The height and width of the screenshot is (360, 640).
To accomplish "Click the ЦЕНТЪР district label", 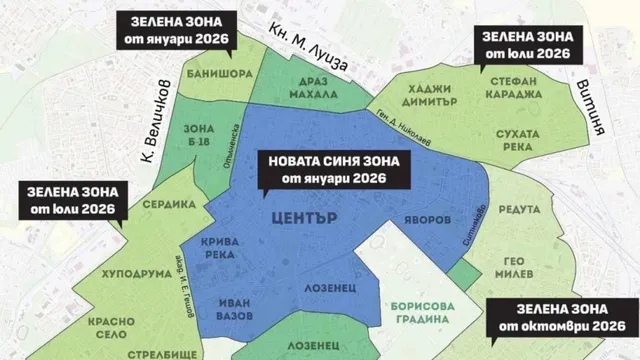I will point(301,216).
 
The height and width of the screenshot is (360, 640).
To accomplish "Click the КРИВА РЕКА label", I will point(231,250).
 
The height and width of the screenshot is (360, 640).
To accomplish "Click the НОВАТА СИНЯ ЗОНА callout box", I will point(322,169).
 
